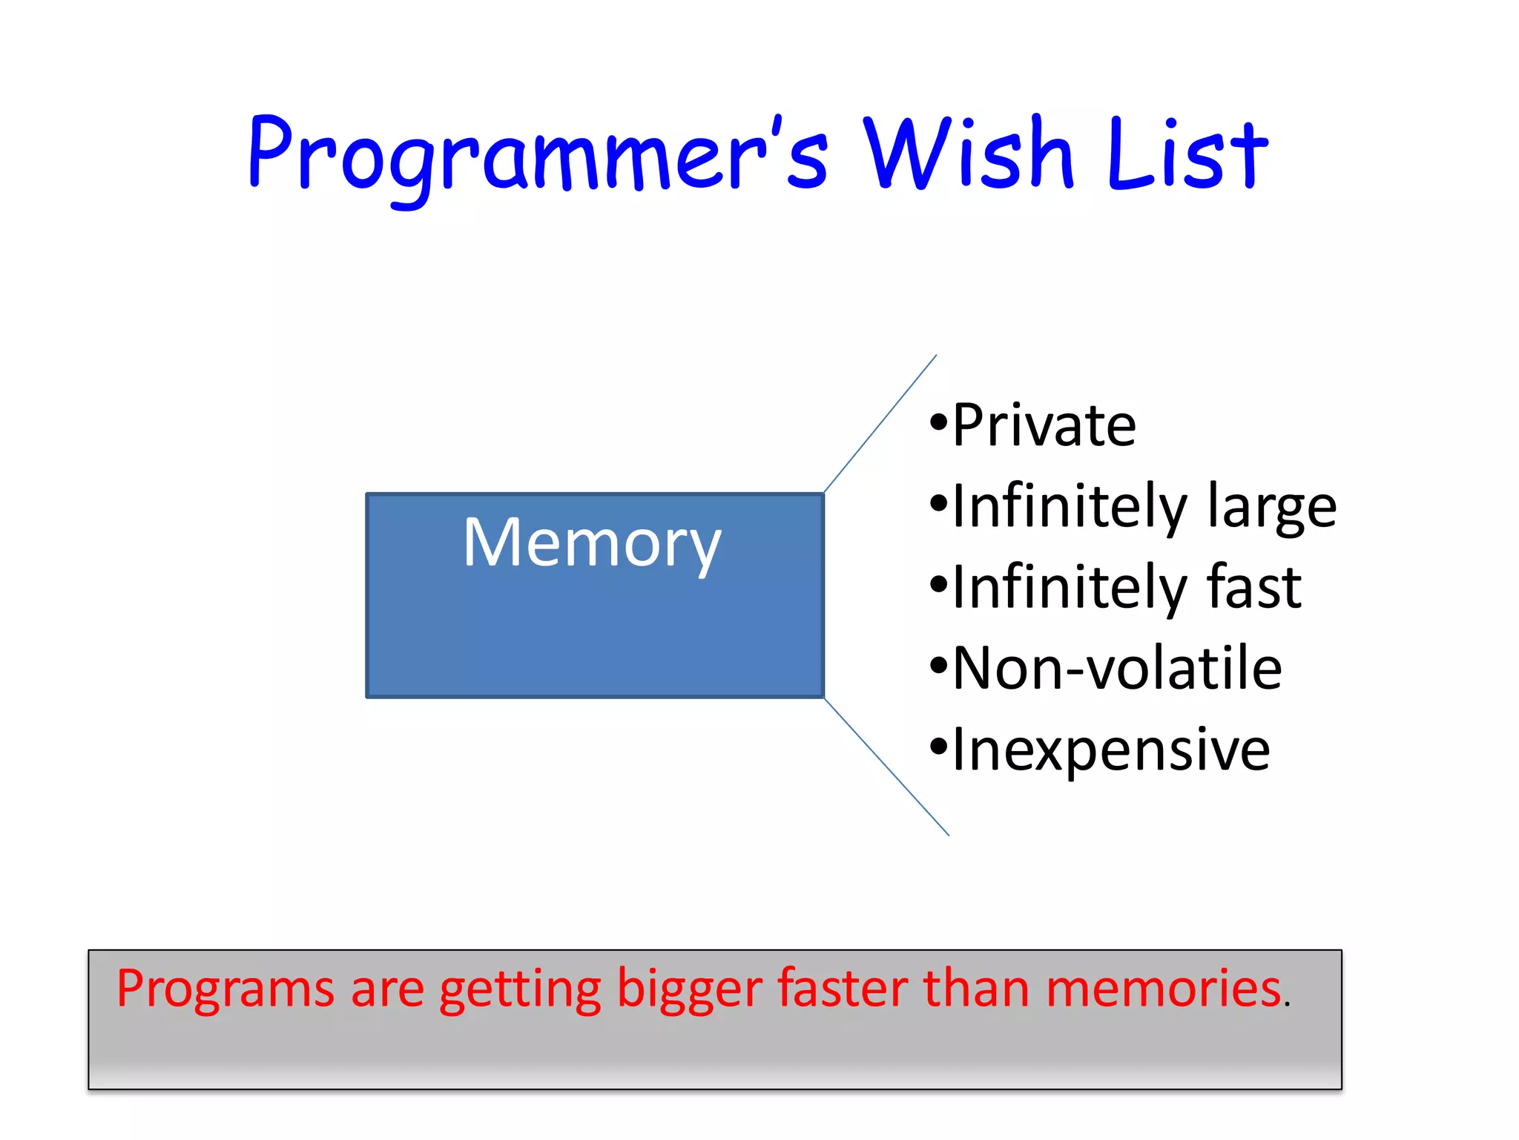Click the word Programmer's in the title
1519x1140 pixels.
coord(538,160)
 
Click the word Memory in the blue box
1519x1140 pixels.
coord(592,544)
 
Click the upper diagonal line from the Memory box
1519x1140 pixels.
coord(880,423)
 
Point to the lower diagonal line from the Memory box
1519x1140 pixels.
coord(886,767)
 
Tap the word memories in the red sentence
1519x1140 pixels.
coord(1164,989)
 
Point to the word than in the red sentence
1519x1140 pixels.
coord(978,989)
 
